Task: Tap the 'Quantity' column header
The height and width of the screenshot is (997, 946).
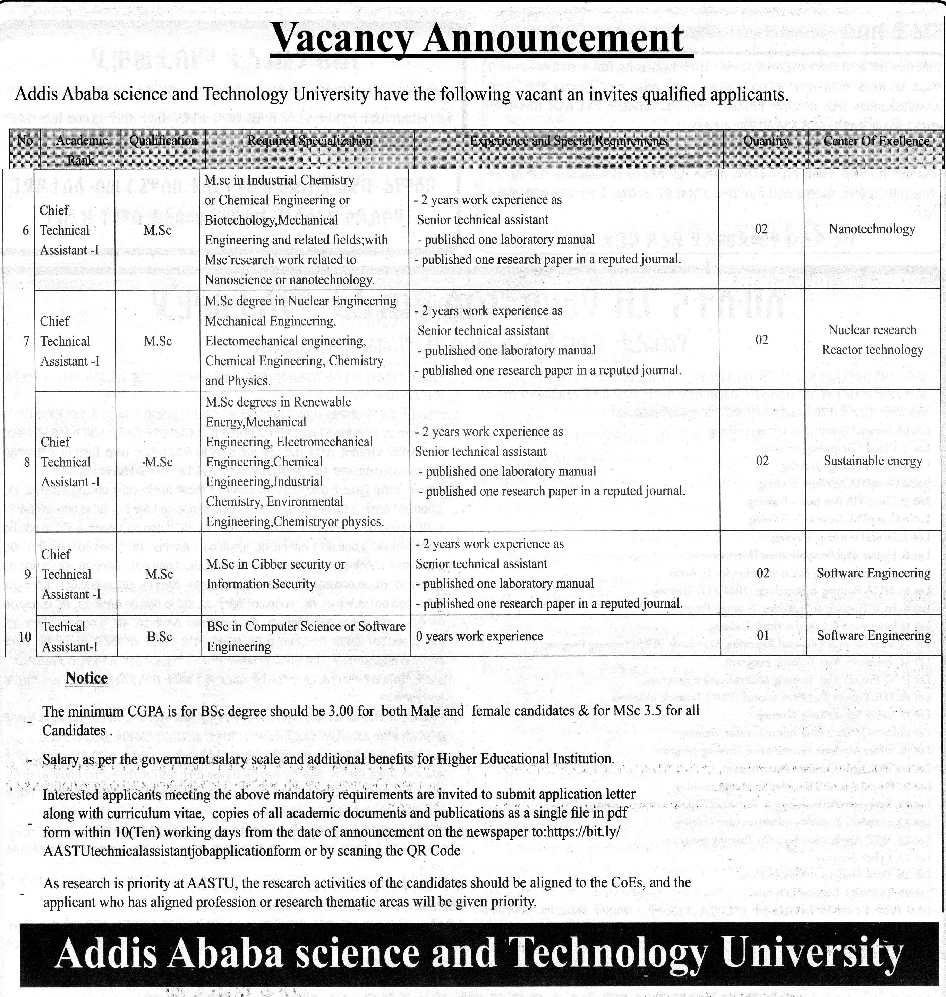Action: [766, 141]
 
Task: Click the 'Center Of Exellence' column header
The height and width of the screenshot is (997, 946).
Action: [876, 141]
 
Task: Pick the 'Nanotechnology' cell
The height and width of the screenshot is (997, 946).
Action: [871, 229]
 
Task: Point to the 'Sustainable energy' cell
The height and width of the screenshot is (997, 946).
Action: [872, 461]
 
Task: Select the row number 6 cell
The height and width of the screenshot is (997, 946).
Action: [26, 230]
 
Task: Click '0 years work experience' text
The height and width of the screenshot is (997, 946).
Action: [479, 636]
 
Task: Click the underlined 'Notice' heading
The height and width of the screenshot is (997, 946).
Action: [86, 678]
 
